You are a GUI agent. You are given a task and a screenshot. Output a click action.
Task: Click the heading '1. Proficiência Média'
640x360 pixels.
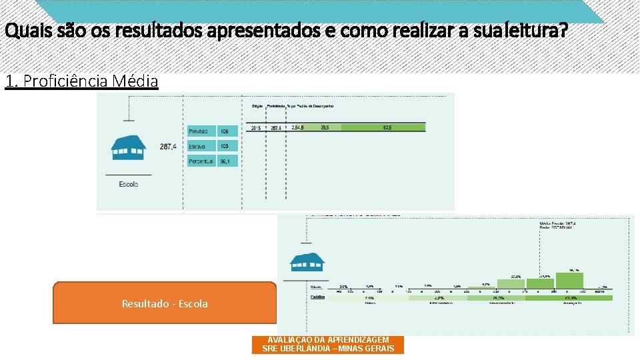coord(81,81)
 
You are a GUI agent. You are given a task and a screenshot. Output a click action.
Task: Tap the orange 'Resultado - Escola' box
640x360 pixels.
coord(165,303)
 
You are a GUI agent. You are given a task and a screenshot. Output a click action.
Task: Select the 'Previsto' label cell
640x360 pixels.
coord(201,131)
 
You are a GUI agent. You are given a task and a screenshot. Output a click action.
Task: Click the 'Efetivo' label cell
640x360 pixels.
coord(201,146)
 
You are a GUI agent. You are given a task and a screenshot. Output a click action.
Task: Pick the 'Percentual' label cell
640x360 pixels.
coord(201,161)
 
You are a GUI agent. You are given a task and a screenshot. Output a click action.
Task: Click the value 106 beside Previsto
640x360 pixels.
coord(226,131)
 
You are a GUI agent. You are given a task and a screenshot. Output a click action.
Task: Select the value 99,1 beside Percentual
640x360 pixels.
coord(226,161)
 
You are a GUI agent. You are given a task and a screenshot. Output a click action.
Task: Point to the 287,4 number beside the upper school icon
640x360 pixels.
coord(168,146)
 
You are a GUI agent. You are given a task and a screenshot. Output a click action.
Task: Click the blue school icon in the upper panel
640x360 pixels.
coord(129,147)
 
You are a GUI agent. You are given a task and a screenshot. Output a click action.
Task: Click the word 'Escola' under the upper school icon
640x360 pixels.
coord(129,183)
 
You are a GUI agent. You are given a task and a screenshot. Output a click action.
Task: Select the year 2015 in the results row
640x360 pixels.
coord(256,127)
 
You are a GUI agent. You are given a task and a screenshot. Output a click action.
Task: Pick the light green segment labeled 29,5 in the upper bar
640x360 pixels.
coord(325,127)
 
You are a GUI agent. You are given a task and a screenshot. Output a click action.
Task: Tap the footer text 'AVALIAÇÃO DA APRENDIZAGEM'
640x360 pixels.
coord(327,339)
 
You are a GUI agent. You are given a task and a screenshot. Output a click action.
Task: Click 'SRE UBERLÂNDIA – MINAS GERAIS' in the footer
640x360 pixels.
coord(327,349)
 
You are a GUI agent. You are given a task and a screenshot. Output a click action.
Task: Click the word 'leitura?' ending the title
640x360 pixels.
coord(541,31)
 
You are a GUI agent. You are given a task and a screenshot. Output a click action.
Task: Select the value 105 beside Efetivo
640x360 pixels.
coord(226,146)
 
